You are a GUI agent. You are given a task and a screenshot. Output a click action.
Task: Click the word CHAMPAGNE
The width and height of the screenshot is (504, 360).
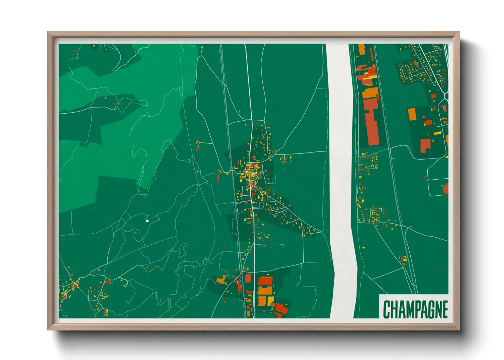[415, 309]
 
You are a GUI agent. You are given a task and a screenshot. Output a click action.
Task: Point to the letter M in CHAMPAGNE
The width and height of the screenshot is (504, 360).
[403, 309]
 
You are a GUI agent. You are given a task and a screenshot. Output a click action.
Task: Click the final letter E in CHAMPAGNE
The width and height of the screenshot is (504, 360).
[445, 309]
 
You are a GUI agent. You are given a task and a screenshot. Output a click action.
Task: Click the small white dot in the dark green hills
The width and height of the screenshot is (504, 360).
[147, 221]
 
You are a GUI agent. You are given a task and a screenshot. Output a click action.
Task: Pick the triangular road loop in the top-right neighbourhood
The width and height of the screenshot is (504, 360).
[433, 59]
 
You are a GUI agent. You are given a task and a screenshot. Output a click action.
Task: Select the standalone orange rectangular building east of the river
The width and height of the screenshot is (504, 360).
[412, 114]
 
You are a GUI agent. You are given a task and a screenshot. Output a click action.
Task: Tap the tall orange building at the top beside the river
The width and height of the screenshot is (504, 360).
[362, 49]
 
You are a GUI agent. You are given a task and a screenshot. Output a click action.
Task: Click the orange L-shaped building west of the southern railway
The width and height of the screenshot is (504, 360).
[222, 280]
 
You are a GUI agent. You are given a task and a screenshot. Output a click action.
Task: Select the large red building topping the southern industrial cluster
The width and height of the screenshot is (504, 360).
[265, 281]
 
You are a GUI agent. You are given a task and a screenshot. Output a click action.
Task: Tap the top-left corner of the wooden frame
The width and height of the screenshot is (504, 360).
[48, 32]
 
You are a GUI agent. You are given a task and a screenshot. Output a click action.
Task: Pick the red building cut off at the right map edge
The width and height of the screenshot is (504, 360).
[446, 189]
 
